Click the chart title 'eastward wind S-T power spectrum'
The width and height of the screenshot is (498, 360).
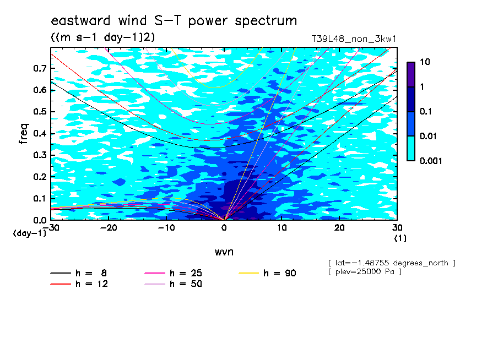pyautogui.click(x=174, y=20)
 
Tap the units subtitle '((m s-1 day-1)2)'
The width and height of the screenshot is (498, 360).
pyautogui.click(x=103, y=37)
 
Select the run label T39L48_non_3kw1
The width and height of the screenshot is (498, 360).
pyautogui.click(x=354, y=39)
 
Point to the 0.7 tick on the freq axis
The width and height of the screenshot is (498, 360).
pyautogui.click(x=40, y=68)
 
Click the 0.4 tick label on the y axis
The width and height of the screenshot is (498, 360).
pyautogui.click(x=40, y=133)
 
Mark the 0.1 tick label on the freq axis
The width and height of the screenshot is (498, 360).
pyautogui.click(x=40, y=198)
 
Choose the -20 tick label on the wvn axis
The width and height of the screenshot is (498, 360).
pyautogui.click(x=109, y=228)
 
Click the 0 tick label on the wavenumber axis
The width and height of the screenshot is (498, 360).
pyautogui.click(x=224, y=228)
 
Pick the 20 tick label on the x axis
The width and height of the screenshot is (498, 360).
pyautogui.click(x=339, y=228)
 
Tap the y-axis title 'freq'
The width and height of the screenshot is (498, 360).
pyautogui.click(x=24, y=134)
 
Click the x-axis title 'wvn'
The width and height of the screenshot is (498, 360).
pyautogui.click(x=224, y=252)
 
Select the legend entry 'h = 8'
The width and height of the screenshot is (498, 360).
pyautogui.click(x=79, y=273)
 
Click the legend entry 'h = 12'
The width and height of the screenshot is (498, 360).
pyautogui.click(x=79, y=284)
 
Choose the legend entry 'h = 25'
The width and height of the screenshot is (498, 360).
pyautogui.click(x=174, y=273)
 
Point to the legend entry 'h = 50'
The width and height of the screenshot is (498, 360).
pyautogui.click(x=174, y=284)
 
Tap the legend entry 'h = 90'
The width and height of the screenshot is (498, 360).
pyautogui.click(x=267, y=273)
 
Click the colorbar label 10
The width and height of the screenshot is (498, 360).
pyautogui.click(x=425, y=62)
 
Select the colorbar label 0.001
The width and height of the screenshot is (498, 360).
pyautogui.click(x=431, y=161)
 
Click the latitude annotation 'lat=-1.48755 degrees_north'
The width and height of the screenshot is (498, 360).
pyautogui.click(x=392, y=263)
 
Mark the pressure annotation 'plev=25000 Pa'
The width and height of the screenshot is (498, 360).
pyautogui.click(x=365, y=272)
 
